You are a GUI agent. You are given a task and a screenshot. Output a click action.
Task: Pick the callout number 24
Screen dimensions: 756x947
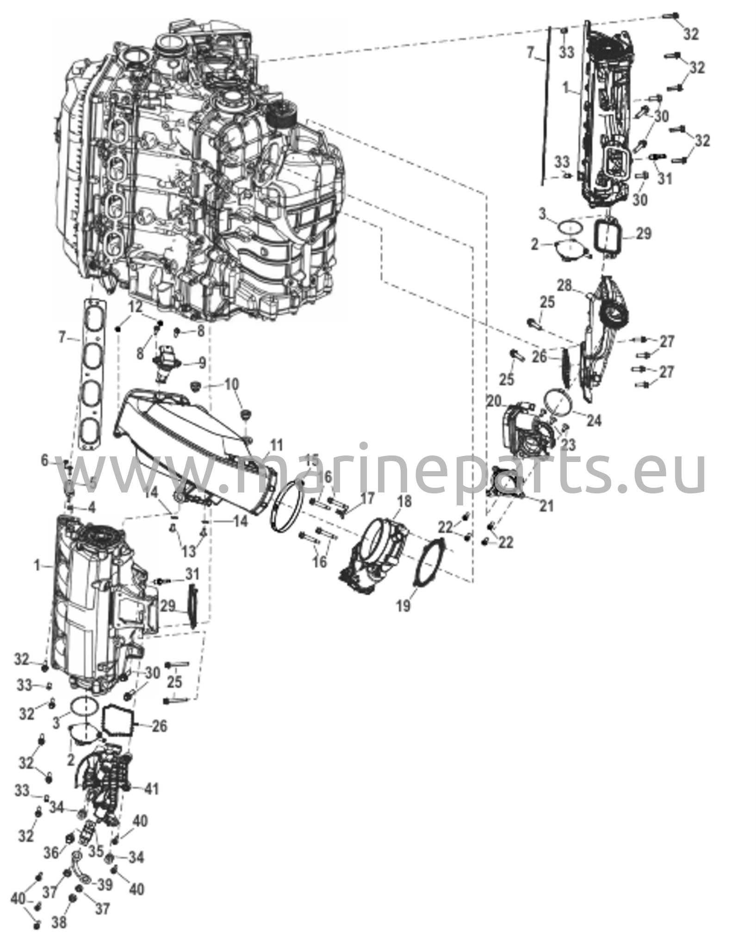pyautogui.click(x=594, y=421)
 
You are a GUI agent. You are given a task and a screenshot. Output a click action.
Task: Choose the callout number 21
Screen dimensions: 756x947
pyautogui.click(x=546, y=506)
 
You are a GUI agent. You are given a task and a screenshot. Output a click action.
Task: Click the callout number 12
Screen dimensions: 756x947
pyautogui.click(x=136, y=306)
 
